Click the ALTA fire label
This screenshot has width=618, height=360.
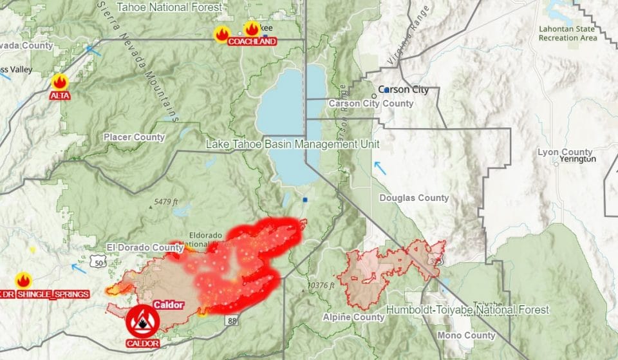tap(59, 95)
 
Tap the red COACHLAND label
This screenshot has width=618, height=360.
tap(252, 41)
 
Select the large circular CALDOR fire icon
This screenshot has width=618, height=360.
tap(142, 320)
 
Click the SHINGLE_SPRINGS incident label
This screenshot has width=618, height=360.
tap(52, 294)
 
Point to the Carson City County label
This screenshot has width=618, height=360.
tap(371, 104)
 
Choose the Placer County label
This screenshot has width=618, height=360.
tap(134, 137)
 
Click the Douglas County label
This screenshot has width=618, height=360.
tap(414, 198)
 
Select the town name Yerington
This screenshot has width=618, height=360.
tap(577, 159)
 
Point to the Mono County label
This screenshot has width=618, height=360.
tap(467, 336)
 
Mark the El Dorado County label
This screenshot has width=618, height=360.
tap(145, 247)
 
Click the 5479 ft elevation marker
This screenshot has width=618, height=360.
tap(165, 202)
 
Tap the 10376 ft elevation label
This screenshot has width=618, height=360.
tap(323, 285)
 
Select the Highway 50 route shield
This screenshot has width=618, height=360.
tap(97, 262)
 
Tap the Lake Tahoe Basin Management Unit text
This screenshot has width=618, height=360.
tap(292, 144)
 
